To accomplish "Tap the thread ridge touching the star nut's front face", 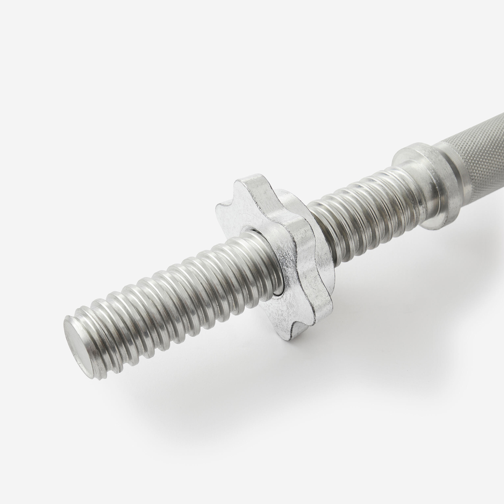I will click(263, 266).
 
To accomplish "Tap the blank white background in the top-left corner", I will click(39, 39).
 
